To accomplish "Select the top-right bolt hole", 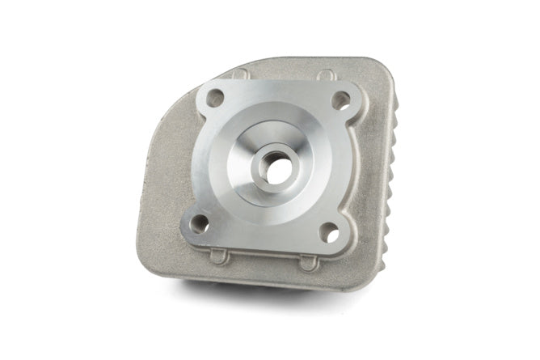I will pyautogui.click(x=341, y=101).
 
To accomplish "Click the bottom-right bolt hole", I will pyautogui.click(x=329, y=233).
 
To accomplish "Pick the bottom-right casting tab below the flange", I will pyautogui.click(x=308, y=264).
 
